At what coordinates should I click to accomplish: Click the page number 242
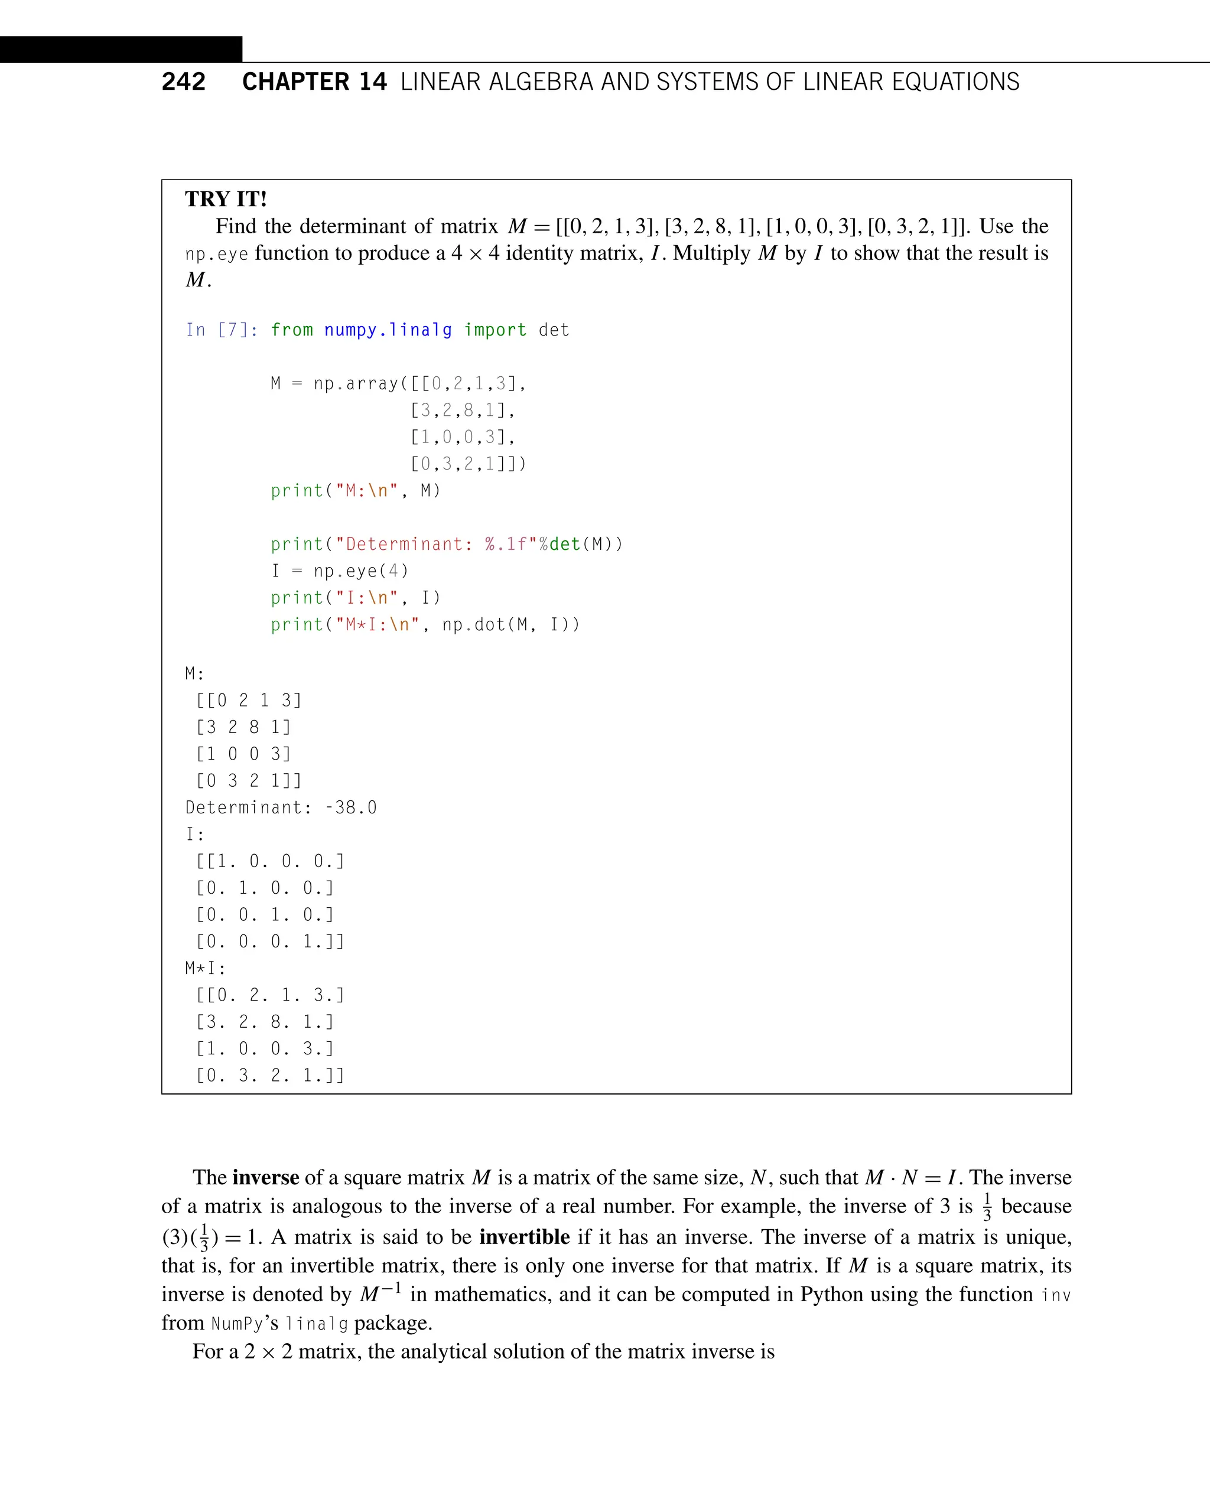click(x=183, y=82)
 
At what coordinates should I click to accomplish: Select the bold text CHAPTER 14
click(x=314, y=82)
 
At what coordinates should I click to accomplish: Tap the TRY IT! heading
click(x=226, y=199)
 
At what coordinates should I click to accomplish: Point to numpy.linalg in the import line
click(x=388, y=330)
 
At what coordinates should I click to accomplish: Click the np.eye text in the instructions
click(x=216, y=253)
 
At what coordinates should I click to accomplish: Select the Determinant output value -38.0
click(x=350, y=807)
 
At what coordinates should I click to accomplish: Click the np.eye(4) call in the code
click(x=360, y=571)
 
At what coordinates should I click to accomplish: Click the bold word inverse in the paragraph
click(x=265, y=1177)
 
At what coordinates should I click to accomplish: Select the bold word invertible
click(x=524, y=1237)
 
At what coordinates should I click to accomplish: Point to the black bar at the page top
click(x=121, y=50)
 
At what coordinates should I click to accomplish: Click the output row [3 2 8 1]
click(x=243, y=727)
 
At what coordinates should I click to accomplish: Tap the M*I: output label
click(x=206, y=968)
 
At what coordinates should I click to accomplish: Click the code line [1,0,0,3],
click(x=462, y=437)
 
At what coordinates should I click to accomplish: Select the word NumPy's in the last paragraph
click(x=245, y=1323)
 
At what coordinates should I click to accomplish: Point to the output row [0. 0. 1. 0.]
click(x=265, y=914)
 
